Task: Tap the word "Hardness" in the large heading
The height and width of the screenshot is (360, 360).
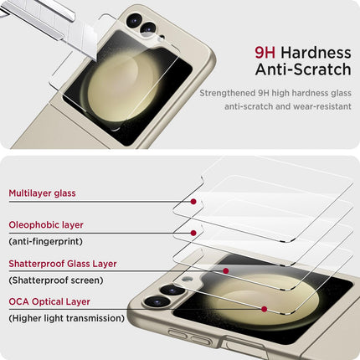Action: point(315,52)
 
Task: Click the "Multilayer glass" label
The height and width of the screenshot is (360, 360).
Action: point(42,193)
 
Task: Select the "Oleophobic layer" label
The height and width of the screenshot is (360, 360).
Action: point(46,225)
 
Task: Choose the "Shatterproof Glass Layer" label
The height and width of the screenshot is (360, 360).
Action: point(63,264)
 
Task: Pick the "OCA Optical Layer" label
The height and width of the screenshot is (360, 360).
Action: point(49,301)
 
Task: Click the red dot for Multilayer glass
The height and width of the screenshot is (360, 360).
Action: point(194,201)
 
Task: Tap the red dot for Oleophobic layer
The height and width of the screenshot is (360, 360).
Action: point(193,233)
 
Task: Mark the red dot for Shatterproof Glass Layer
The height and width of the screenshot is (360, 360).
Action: point(226,270)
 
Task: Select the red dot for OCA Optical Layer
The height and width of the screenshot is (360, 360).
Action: point(264,309)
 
